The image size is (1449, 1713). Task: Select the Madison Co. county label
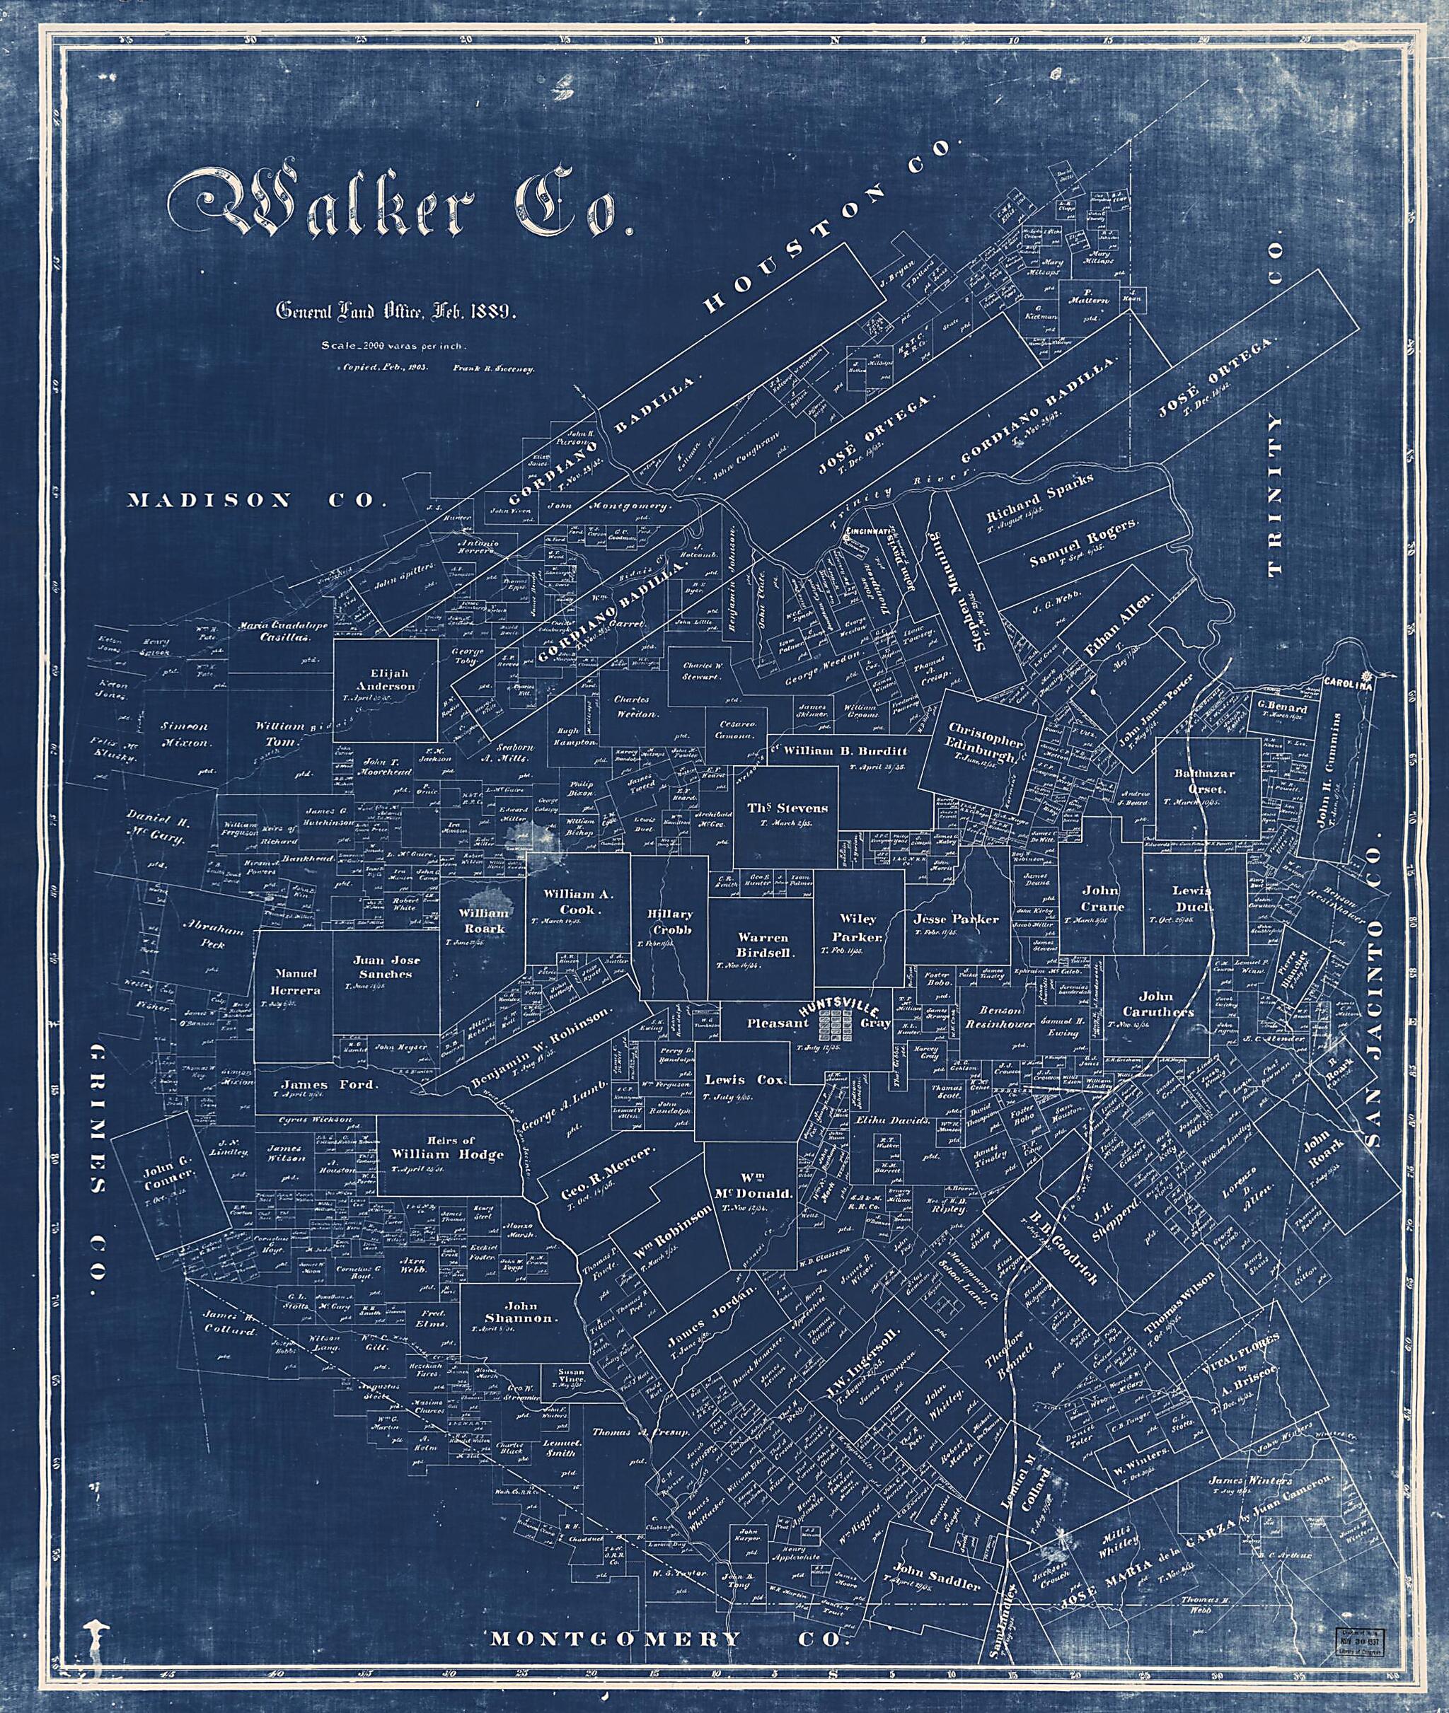coord(256,500)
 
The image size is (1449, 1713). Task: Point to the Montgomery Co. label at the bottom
coord(667,1616)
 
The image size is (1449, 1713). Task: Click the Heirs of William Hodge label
coord(448,1147)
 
